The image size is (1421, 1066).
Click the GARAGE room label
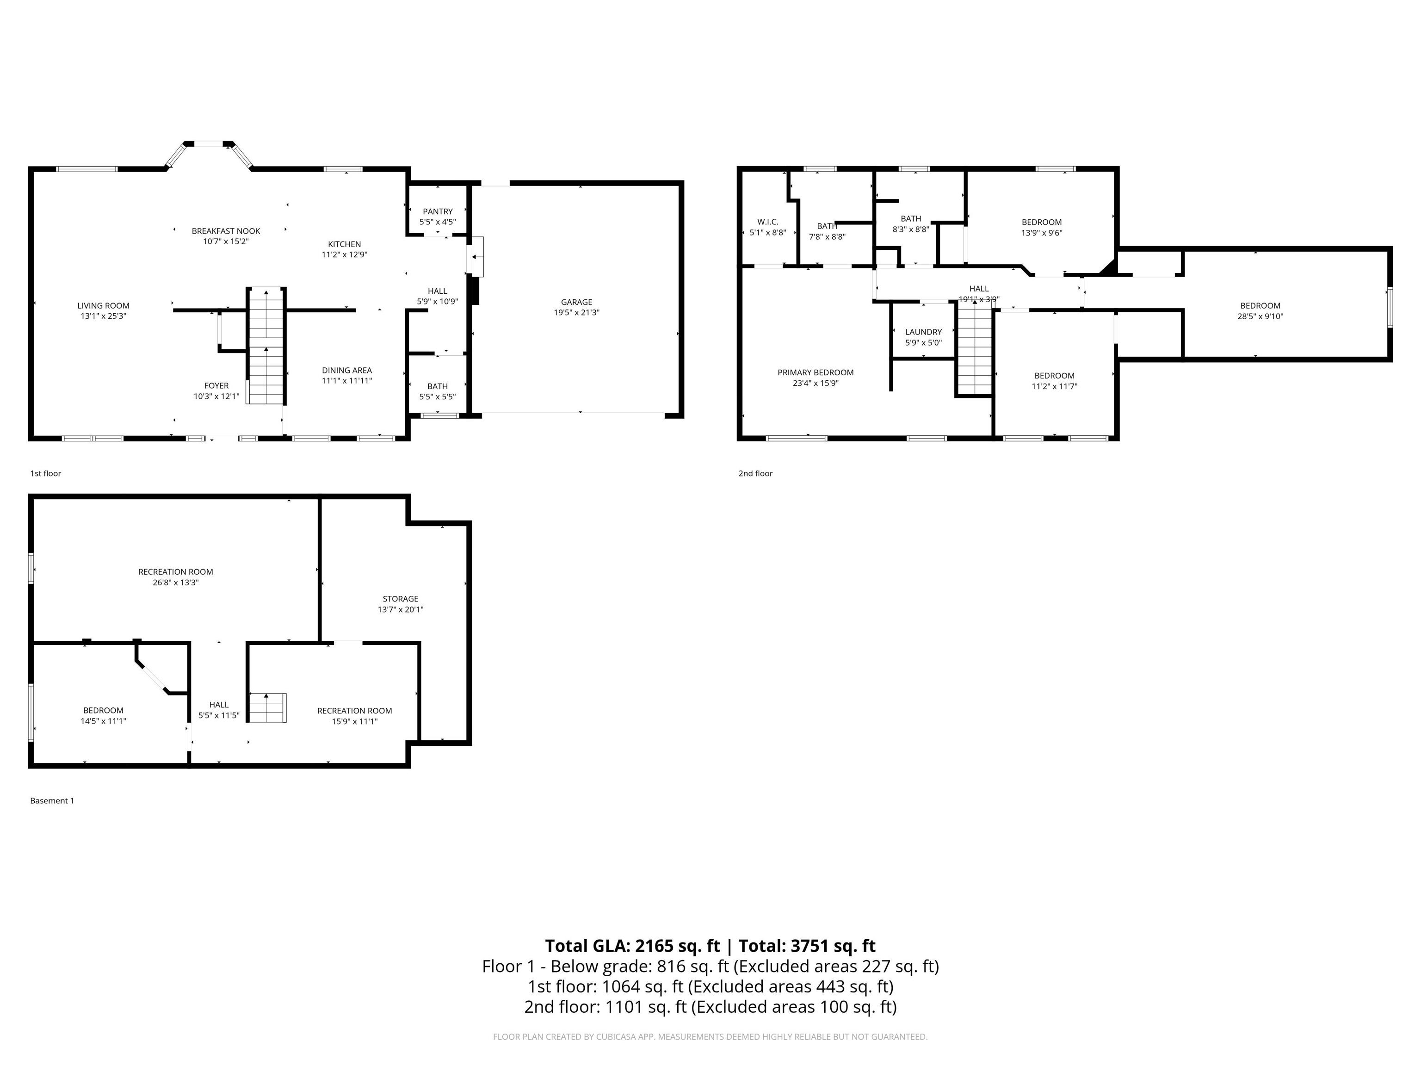576,302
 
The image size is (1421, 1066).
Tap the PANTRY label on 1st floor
438,211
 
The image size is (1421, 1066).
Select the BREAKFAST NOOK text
225,231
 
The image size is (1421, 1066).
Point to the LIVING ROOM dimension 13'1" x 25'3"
104,316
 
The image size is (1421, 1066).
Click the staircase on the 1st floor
266,347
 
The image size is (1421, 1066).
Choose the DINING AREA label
347,370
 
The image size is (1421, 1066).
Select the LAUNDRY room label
923,332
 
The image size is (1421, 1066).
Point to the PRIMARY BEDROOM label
815,372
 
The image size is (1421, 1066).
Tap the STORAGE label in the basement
400,599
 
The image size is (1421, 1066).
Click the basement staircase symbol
268,707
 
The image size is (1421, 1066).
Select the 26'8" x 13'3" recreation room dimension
175,583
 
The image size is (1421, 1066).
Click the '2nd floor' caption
755,474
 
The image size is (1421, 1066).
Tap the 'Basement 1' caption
52,800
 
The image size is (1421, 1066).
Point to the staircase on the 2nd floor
975,350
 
